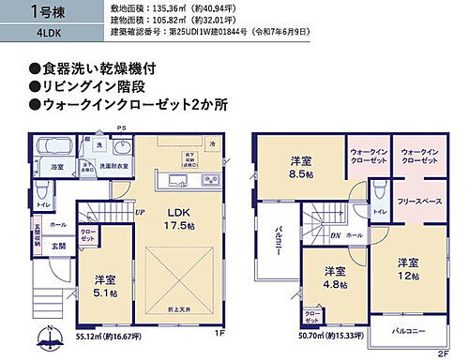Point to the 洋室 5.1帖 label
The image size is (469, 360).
click(104, 285)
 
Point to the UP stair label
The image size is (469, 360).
click(139, 212)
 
